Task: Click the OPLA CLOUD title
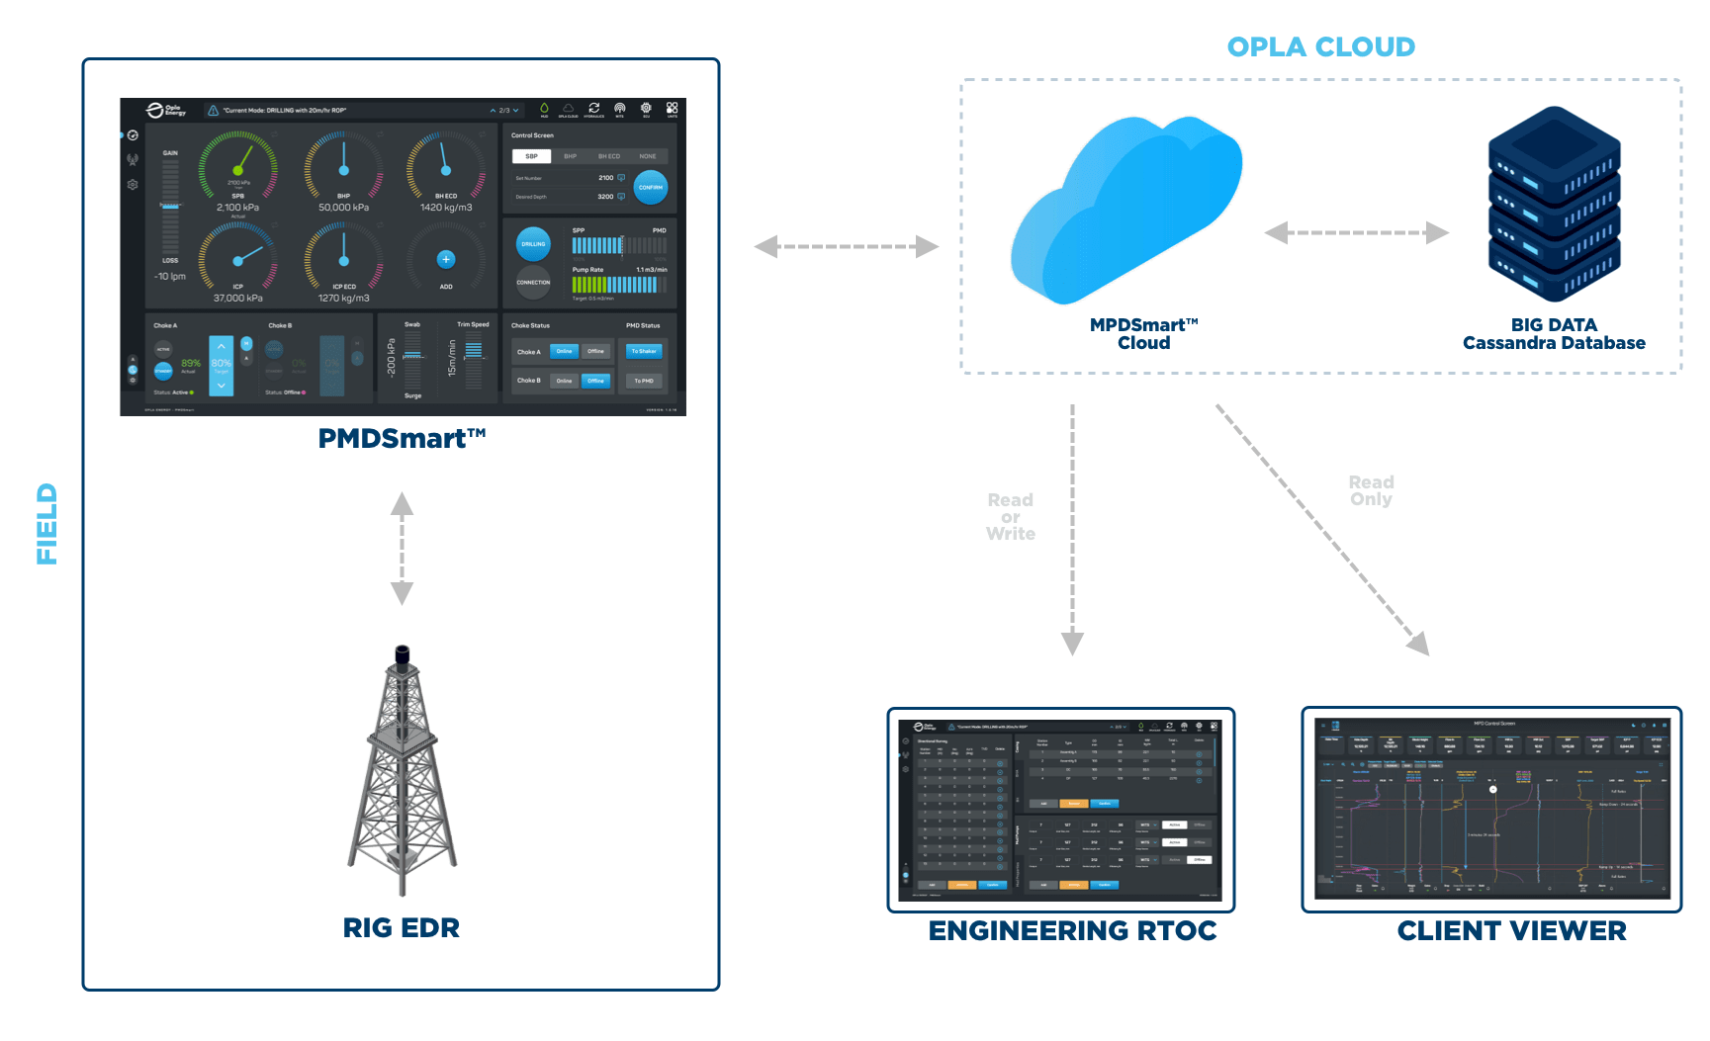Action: pos(1320,46)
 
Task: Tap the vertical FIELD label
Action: pos(46,524)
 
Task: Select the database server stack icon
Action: pos(1554,204)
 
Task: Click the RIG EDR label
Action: pos(402,927)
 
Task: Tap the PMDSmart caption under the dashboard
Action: pos(402,438)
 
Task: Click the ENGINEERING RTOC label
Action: pos(1072,930)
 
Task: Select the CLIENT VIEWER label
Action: pos(1511,930)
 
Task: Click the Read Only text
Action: pos(1371,490)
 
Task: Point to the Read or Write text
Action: pos(1010,517)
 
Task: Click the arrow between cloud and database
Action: pos(1357,233)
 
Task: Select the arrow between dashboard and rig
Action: pos(402,549)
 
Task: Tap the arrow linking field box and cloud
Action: pos(847,246)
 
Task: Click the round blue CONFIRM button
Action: pos(651,187)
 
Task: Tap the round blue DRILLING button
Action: pos(533,244)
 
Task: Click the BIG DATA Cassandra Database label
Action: pos(1554,333)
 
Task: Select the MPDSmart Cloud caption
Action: pos(1144,333)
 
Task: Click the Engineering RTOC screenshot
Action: pos(1061,810)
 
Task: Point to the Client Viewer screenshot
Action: pos(1491,809)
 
